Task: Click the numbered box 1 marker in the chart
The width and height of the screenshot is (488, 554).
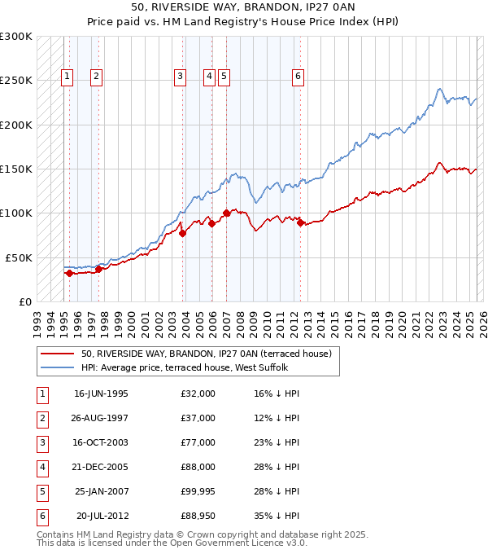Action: (67, 77)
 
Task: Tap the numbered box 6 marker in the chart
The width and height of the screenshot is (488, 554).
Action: (298, 77)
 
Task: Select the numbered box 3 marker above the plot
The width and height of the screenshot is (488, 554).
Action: (180, 77)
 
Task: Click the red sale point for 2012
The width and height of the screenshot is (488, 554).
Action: (300, 222)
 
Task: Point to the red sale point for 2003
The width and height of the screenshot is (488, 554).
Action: (182, 233)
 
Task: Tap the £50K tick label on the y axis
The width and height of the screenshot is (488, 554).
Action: (18, 257)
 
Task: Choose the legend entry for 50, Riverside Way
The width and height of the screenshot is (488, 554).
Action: (206, 354)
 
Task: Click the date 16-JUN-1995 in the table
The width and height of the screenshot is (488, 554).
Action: (101, 394)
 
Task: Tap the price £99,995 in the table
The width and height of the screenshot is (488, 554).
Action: (198, 491)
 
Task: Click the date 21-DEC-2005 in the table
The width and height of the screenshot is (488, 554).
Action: (101, 467)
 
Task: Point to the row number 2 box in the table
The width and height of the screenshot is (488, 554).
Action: (41, 418)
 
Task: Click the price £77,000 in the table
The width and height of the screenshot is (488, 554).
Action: (198, 442)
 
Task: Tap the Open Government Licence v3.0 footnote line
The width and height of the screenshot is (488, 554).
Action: (172, 543)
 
